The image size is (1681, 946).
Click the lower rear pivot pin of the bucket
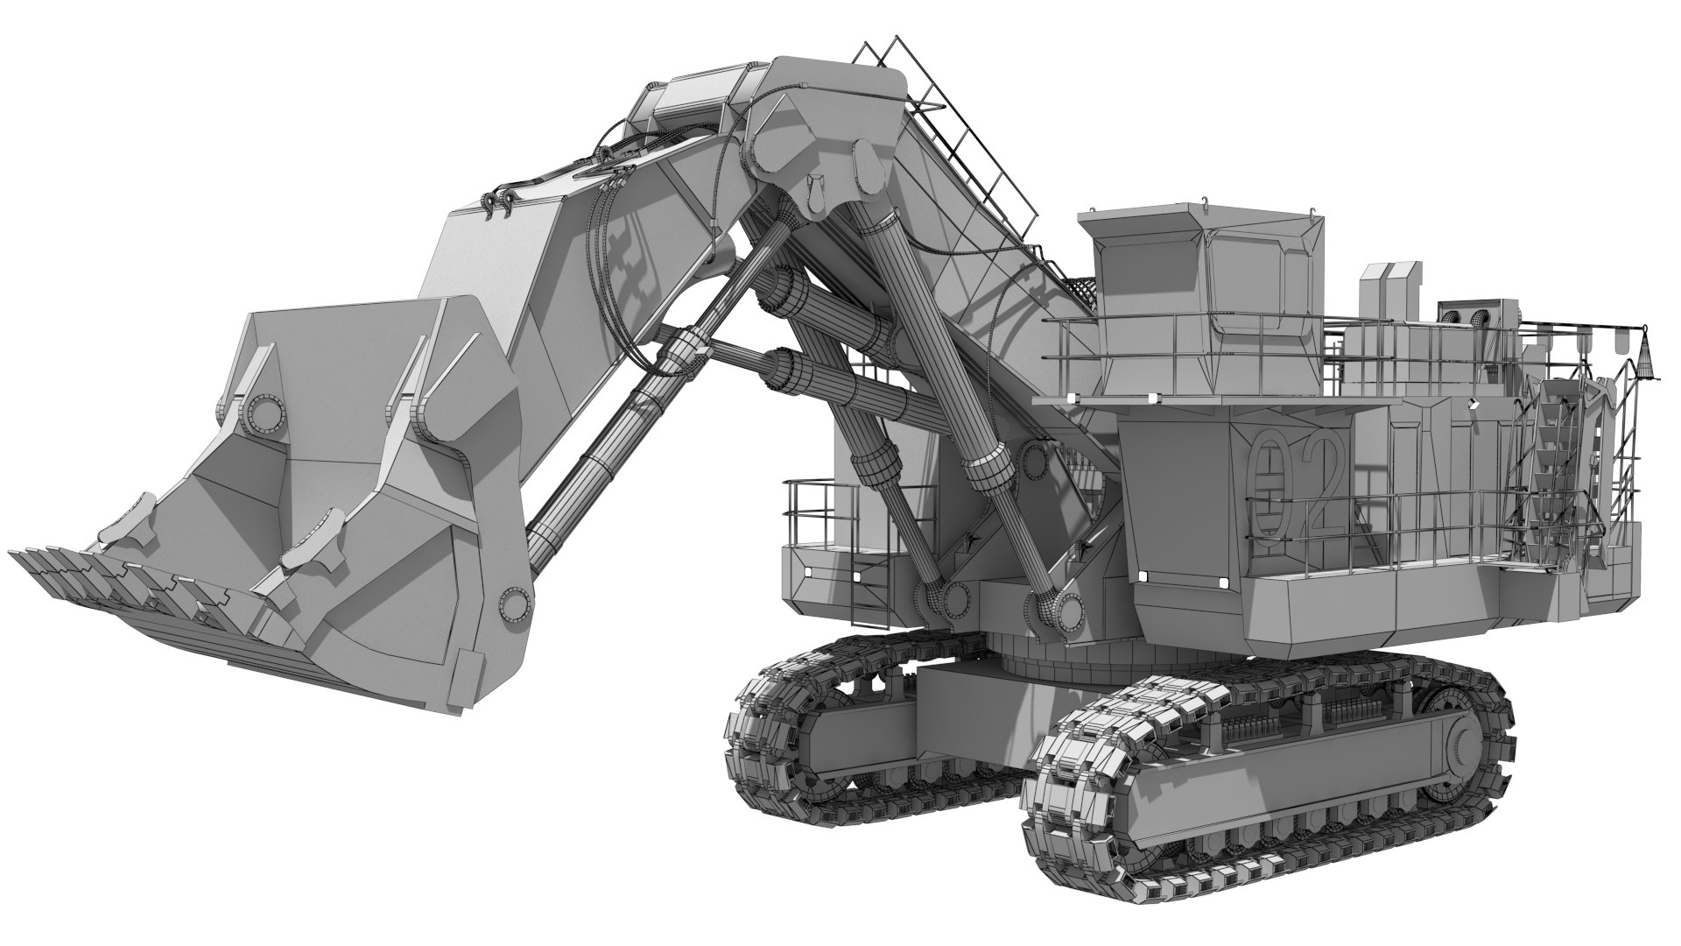click(x=515, y=603)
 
